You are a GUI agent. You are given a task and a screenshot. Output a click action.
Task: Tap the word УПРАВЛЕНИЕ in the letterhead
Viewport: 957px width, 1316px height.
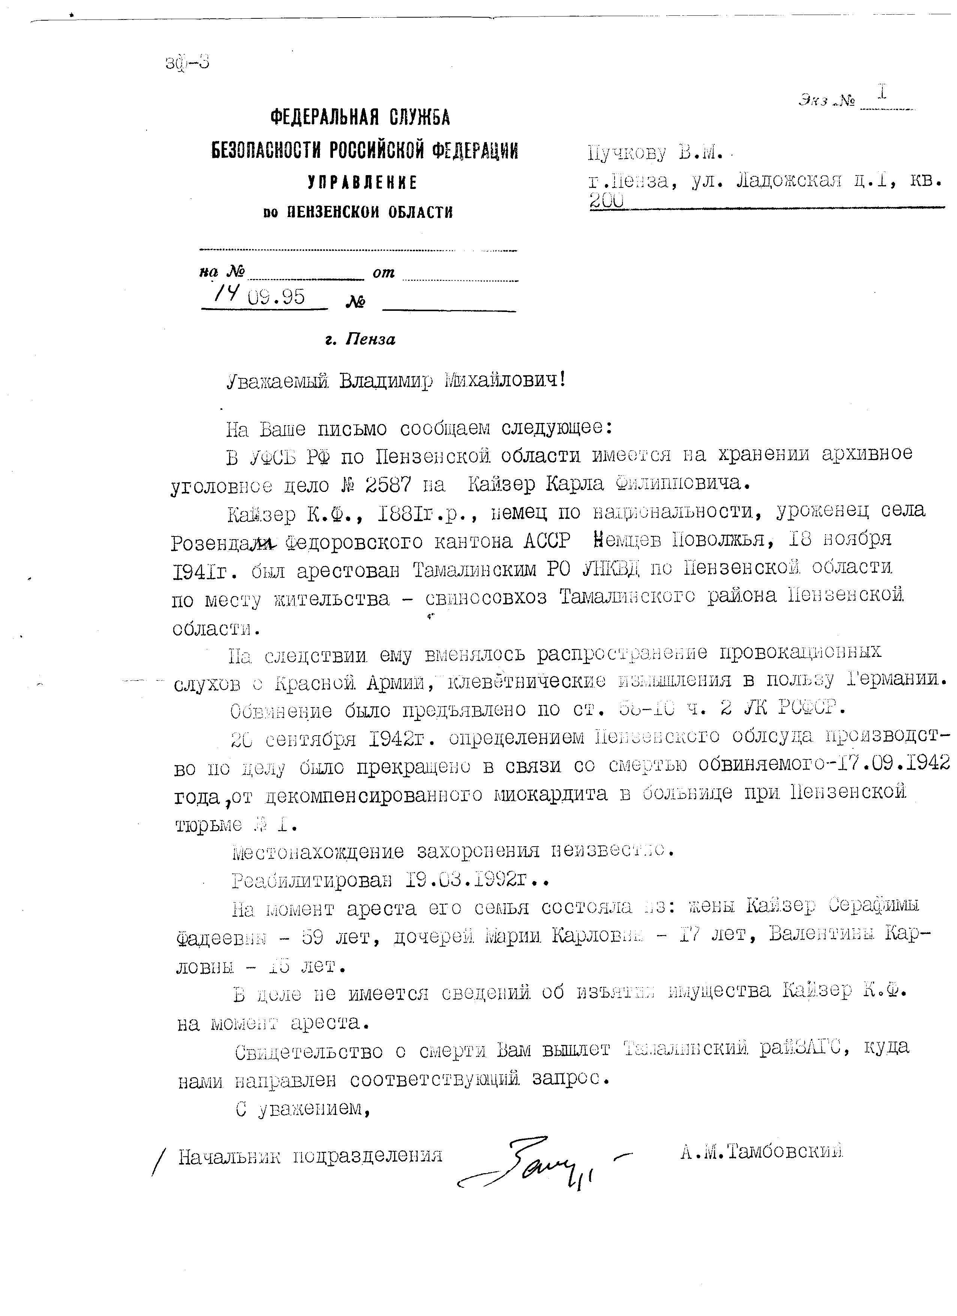(x=362, y=183)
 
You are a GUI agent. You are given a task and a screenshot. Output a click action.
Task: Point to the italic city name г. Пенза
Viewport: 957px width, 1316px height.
(x=360, y=339)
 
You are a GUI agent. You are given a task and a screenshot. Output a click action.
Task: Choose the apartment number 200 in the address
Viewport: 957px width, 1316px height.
(x=606, y=200)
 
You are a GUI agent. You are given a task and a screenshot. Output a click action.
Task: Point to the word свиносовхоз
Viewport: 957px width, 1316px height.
(x=486, y=598)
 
